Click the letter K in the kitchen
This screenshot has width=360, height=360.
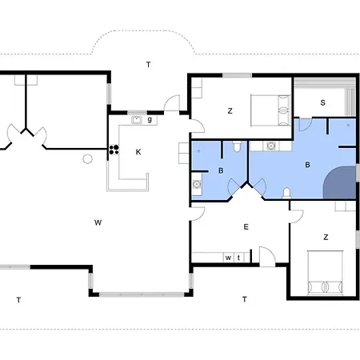(x=138, y=151)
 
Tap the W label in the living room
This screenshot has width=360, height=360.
(x=97, y=221)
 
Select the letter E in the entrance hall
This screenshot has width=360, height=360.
(x=246, y=227)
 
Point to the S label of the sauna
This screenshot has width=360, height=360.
(x=322, y=102)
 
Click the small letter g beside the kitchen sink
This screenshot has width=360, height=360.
(x=150, y=119)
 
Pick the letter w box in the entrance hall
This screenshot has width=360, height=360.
(x=228, y=258)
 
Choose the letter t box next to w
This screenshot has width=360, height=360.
(x=238, y=258)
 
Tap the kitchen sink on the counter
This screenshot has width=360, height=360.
(x=137, y=120)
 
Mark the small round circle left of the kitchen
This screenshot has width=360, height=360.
(x=87, y=158)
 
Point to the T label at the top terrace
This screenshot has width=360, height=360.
(x=148, y=63)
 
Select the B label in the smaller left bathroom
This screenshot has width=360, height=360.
(x=220, y=170)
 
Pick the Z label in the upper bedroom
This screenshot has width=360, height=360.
(x=230, y=111)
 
